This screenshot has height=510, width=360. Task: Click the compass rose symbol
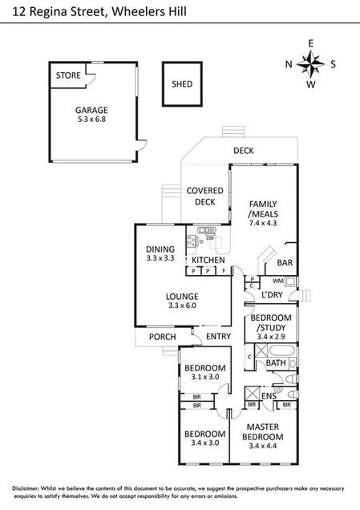pyautogui.click(x=311, y=64)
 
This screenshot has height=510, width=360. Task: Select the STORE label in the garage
pyautogui.click(x=68, y=76)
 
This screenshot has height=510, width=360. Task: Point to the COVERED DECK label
pyautogui.click(x=205, y=196)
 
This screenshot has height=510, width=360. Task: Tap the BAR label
pyautogui.click(x=284, y=262)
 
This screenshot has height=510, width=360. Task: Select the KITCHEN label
pyautogui.click(x=208, y=261)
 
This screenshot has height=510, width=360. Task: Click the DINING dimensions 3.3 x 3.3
pyautogui.click(x=160, y=259)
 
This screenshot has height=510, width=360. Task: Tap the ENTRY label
pyautogui.click(x=216, y=337)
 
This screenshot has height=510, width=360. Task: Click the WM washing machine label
pyautogui.click(x=278, y=281)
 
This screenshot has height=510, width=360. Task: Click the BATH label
pyautogui.click(x=276, y=363)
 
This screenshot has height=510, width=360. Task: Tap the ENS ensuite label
pyautogui.click(x=269, y=396)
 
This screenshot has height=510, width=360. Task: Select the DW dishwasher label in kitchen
pyautogui.click(x=209, y=238)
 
